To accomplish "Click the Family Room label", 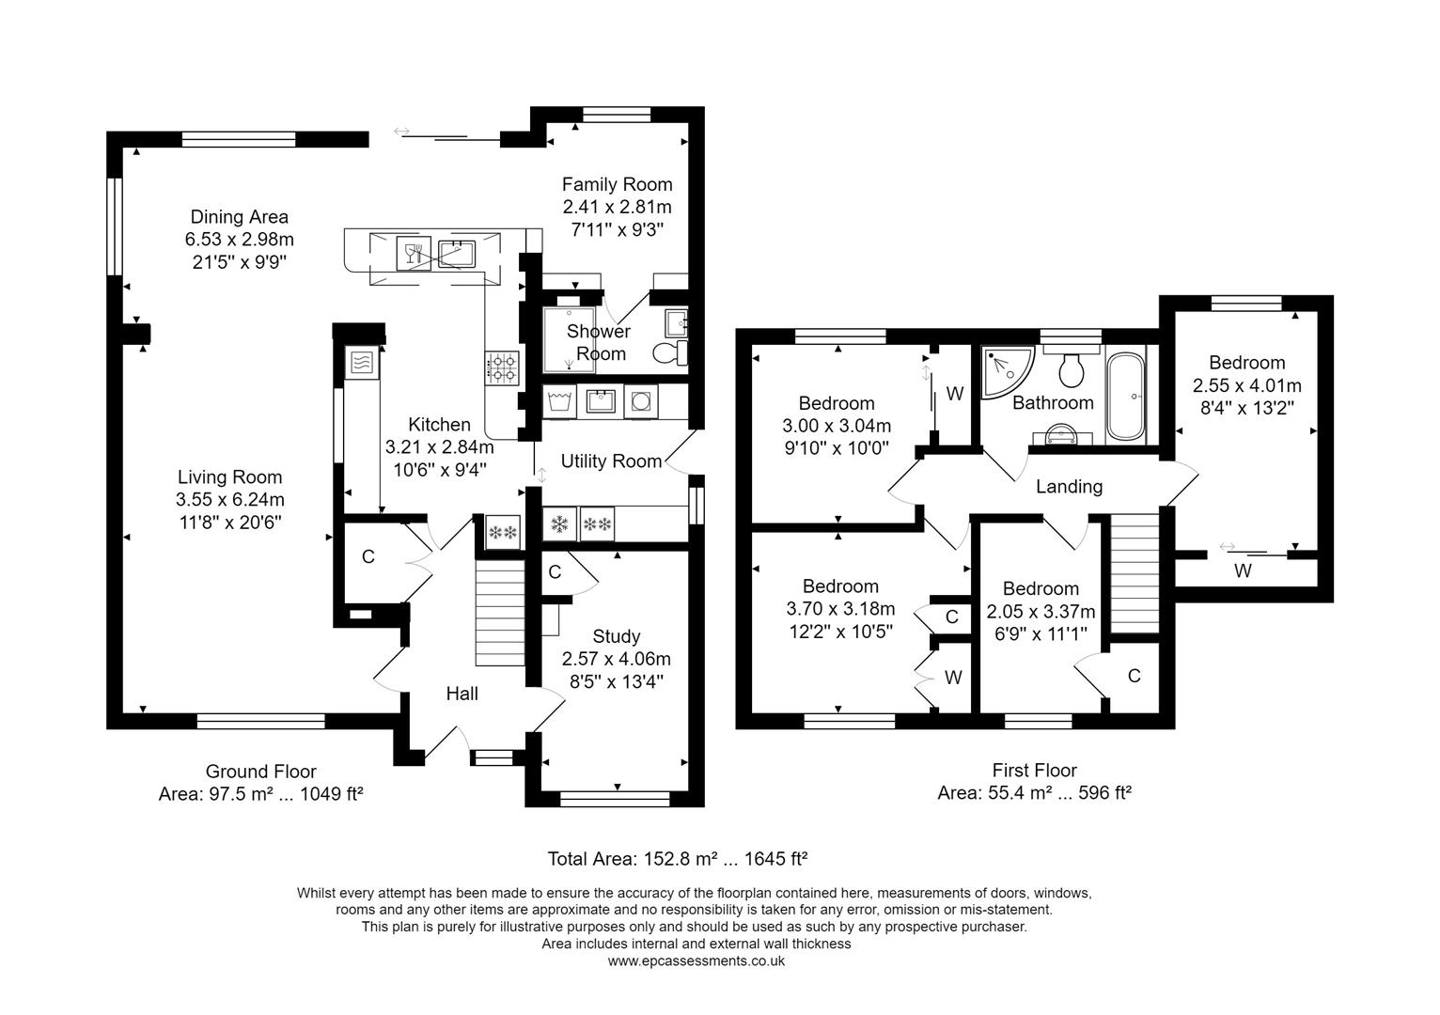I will click(x=617, y=184).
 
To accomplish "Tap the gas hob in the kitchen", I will click(x=502, y=367).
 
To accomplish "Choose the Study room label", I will click(x=616, y=636).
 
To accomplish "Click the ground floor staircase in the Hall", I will click(x=499, y=611).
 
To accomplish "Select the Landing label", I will click(x=1069, y=487).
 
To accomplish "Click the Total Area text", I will click(x=678, y=859).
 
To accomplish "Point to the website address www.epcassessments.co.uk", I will click(x=696, y=961).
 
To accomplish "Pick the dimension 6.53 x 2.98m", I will click(x=239, y=240).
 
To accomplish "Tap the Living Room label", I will click(x=229, y=477).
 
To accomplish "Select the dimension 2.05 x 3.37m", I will click(x=1041, y=612).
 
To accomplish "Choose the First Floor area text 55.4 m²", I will click(x=1034, y=793).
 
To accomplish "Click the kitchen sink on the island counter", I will click(x=458, y=253).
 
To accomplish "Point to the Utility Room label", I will click(x=611, y=461).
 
